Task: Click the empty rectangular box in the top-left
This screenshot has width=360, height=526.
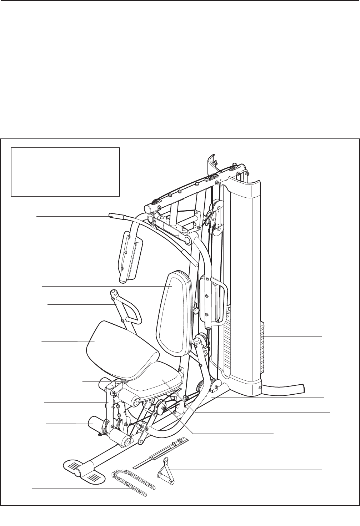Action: coord(65,172)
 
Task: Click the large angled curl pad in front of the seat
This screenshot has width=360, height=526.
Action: coord(121,350)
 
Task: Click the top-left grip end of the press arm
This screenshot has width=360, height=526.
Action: coord(116,216)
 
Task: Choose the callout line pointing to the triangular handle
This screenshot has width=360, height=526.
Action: coord(246,469)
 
